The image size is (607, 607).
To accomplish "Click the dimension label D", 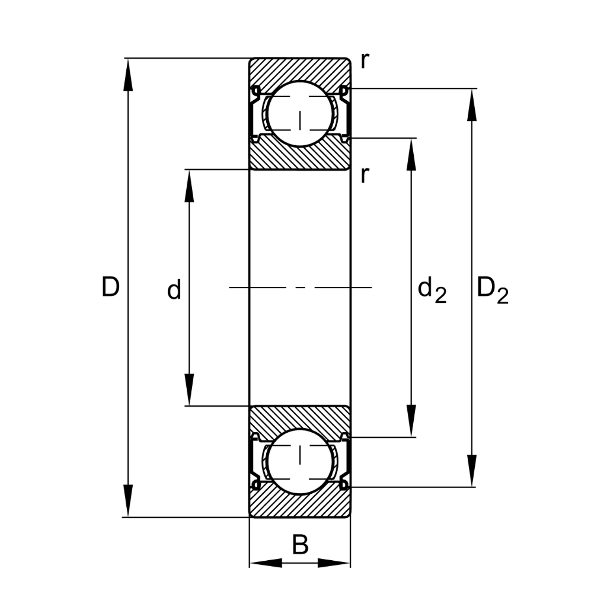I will pyautogui.click(x=110, y=287).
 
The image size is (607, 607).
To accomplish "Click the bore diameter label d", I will pyautogui.click(x=174, y=290).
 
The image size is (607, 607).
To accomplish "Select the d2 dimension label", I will pyautogui.click(x=432, y=290).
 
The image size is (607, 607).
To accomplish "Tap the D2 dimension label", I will pyautogui.click(x=493, y=290).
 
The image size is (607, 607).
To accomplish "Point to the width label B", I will pyautogui.click(x=301, y=545).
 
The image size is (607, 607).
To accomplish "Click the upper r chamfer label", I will pyautogui.click(x=365, y=60).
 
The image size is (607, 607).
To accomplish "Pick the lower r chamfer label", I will pyautogui.click(x=365, y=175).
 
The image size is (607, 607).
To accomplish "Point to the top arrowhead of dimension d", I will pyautogui.click(x=189, y=186).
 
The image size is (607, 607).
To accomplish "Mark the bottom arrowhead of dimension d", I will pyautogui.click(x=189, y=389).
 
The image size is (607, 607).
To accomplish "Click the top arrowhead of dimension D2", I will pyautogui.click(x=472, y=105).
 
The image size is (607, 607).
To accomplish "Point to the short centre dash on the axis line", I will pyautogui.click(x=301, y=287).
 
